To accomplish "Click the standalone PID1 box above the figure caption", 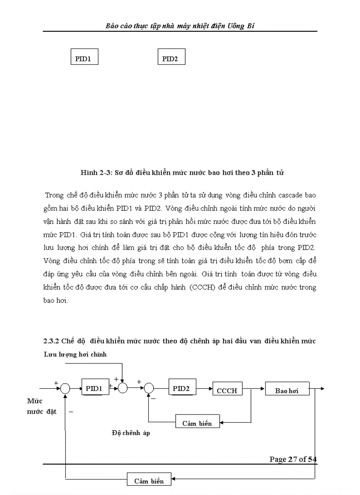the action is pos(84,58).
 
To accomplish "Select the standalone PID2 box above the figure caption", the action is pos(171,58).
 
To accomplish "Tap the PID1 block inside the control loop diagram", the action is pos(95,388).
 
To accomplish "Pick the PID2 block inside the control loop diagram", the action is pos(182,388).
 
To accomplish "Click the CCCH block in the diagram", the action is pos(227,390).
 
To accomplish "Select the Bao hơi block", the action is pos(287,390).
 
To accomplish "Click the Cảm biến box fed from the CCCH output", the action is pos(197,423).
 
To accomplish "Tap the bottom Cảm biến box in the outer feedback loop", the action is pos(149,480).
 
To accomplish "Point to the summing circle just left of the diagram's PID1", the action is pos(65,388).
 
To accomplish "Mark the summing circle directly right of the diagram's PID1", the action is pos(123,388).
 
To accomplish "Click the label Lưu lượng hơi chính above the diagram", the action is pos(75,354).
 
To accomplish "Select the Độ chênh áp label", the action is pos(131,433).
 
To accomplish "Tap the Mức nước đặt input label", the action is pos(41,406).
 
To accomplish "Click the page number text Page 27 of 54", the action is pos(293,459).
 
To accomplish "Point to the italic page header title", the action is pos(180,26).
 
